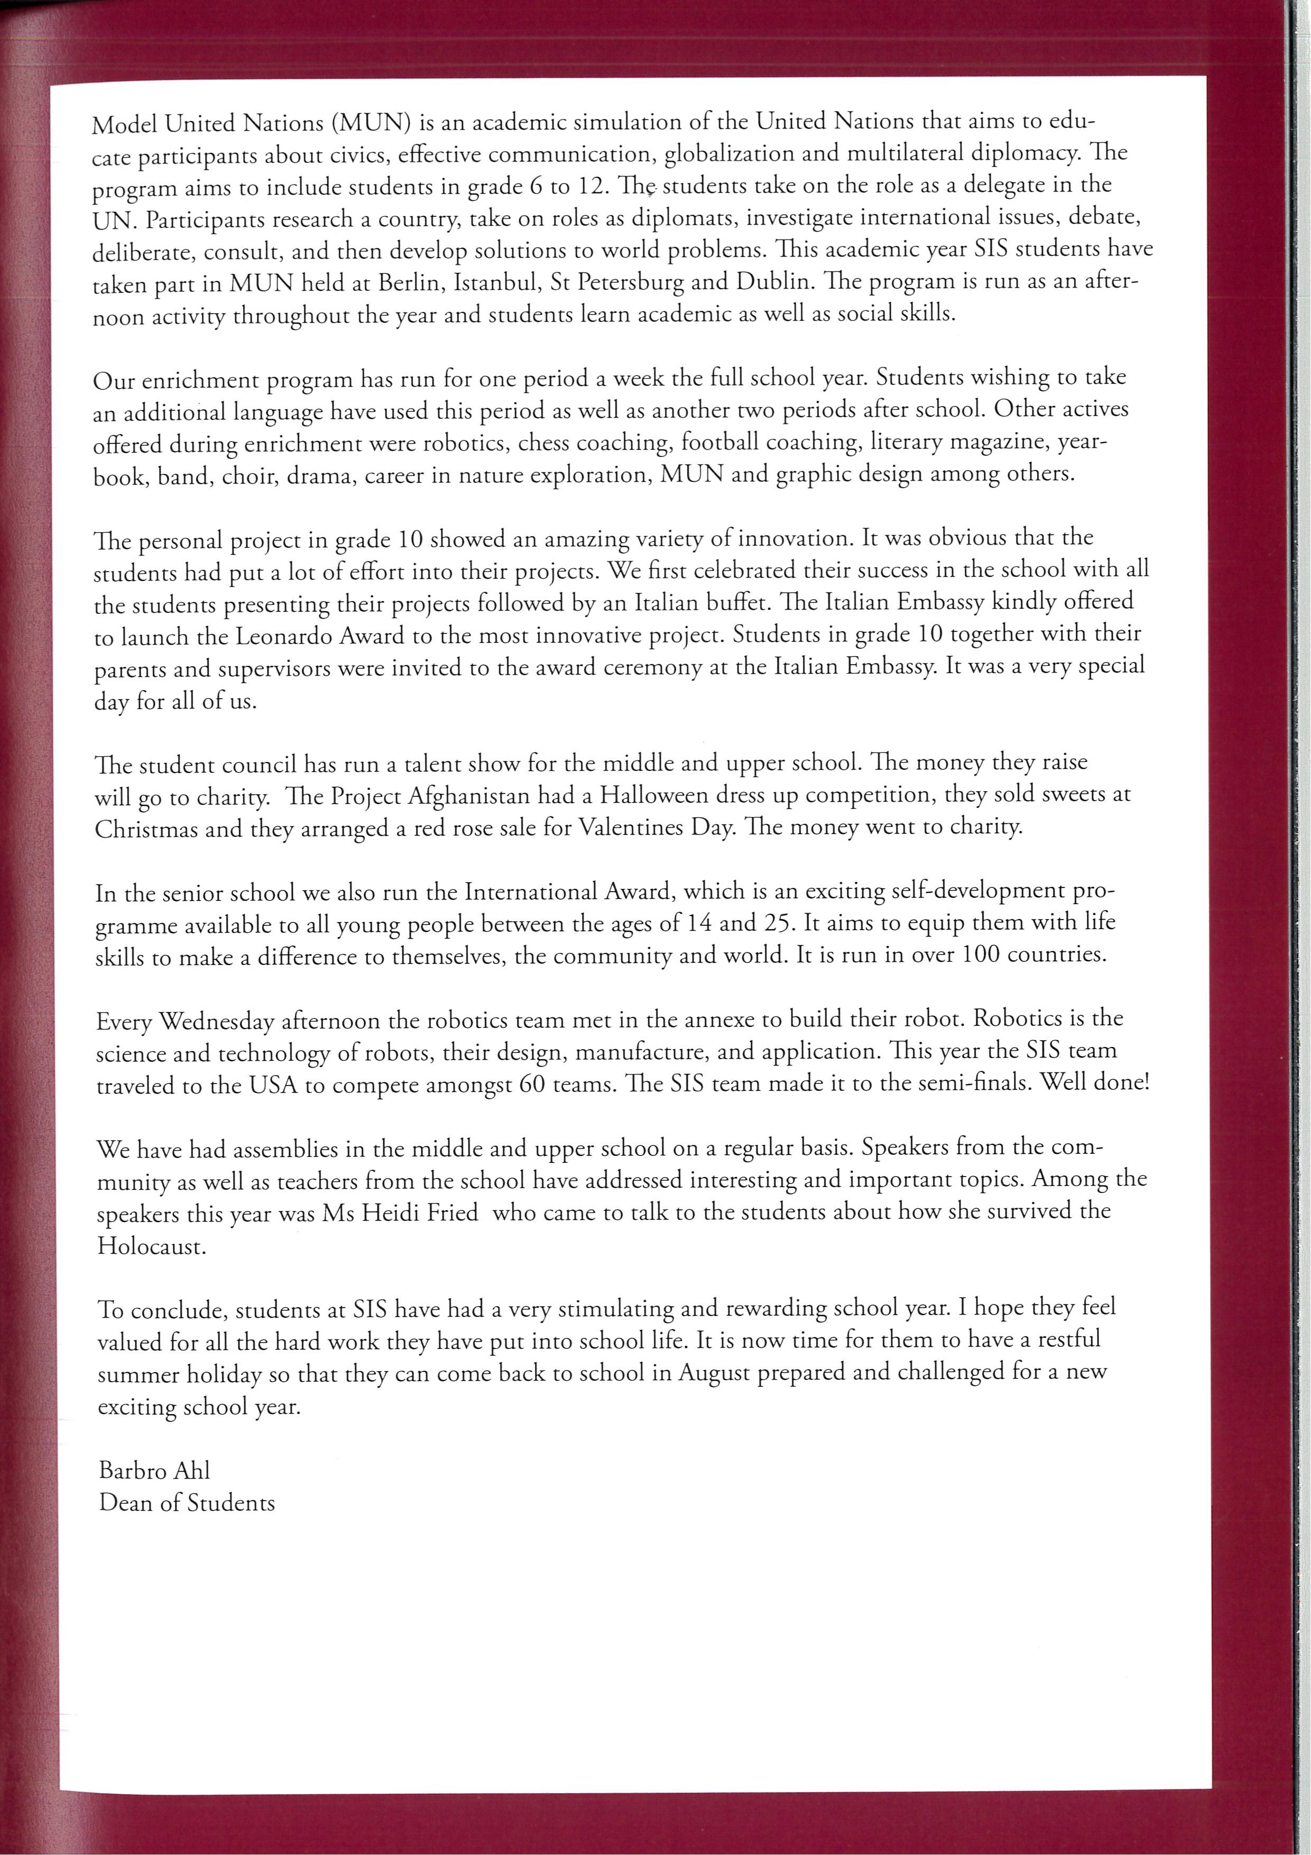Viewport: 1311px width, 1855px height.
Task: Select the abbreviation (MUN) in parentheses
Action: pyautogui.click(x=371, y=123)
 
